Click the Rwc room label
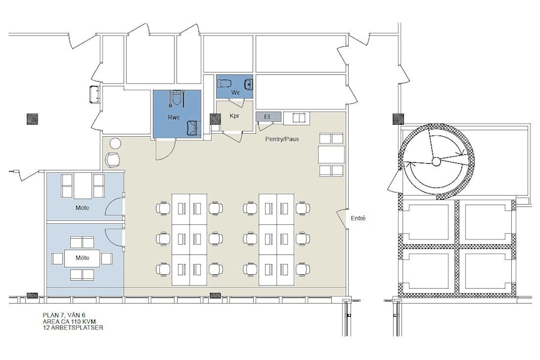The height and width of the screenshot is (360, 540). [x=174, y=118]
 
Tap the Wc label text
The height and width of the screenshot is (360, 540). [x=236, y=92]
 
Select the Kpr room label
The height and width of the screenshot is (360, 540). [x=234, y=116]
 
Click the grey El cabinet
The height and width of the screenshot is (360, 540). [x=268, y=117]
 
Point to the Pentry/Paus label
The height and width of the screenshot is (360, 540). [x=282, y=139]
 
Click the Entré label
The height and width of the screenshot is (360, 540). [x=358, y=218]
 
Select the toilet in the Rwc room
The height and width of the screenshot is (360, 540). [x=176, y=97]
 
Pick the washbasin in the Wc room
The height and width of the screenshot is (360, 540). [x=248, y=83]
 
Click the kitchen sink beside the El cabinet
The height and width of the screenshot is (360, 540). [x=297, y=118]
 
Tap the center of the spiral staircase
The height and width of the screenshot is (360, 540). [x=436, y=161]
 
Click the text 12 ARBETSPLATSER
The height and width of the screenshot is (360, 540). [x=73, y=328]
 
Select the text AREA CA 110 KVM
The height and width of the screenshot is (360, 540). [x=69, y=322]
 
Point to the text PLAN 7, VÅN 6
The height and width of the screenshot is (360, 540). [x=64, y=315]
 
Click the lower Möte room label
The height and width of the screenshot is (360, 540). [x=82, y=257]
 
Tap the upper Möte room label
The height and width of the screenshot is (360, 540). [x=82, y=208]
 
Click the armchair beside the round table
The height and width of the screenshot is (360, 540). [x=113, y=160]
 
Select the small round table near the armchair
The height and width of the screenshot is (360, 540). [x=115, y=143]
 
